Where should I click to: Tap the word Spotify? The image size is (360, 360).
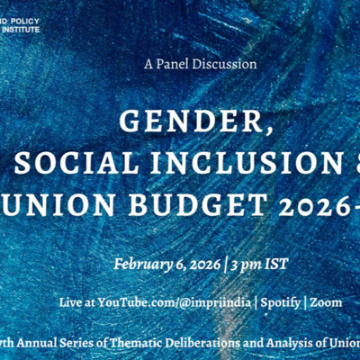[273, 302]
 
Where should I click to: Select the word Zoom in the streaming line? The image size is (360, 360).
[325, 302]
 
